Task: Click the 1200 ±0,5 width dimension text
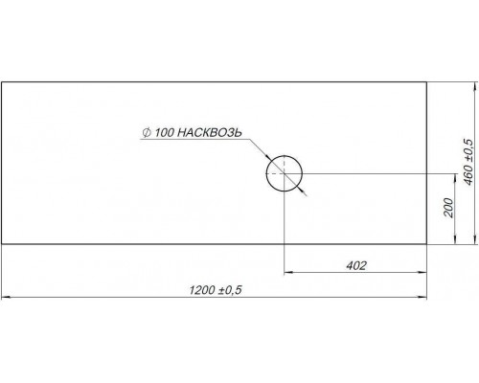[216, 290]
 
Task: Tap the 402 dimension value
[356, 265]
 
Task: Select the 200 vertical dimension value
[448, 208]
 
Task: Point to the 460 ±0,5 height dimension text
[468, 162]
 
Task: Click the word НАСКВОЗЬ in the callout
[209, 132]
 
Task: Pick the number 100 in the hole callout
[164, 133]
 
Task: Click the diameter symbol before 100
[147, 133]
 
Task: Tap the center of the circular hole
[285, 173]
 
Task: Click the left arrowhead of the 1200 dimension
[6, 298]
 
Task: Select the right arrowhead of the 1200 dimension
[422, 298]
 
